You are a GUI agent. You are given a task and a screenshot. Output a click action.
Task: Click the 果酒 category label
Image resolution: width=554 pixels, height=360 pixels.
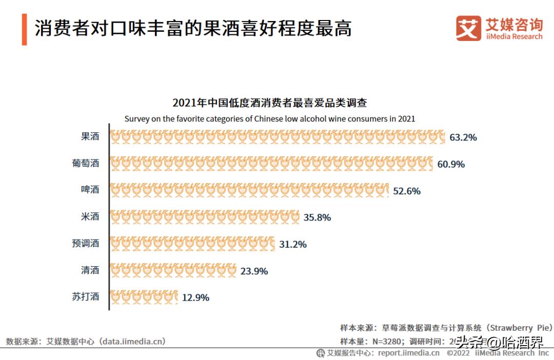click(90, 136)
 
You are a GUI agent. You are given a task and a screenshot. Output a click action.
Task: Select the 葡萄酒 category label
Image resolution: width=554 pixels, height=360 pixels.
click(85, 164)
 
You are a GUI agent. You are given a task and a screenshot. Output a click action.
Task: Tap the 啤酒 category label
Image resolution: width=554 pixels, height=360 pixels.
click(90, 190)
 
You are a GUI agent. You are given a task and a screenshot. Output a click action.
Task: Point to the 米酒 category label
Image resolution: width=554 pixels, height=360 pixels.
click(90, 216)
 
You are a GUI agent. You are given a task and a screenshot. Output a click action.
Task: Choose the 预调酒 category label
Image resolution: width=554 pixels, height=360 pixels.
click(85, 243)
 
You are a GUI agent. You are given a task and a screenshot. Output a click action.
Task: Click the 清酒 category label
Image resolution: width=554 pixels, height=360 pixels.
click(90, 270)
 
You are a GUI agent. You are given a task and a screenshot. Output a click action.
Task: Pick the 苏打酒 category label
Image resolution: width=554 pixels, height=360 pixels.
click(85, 296)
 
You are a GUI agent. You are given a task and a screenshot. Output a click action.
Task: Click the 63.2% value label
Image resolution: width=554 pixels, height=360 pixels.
click(463, 137)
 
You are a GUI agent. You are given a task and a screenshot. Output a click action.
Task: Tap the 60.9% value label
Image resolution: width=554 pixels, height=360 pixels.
click(451, 164)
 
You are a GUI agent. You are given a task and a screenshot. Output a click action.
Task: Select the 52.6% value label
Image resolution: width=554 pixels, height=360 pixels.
click(407, 191)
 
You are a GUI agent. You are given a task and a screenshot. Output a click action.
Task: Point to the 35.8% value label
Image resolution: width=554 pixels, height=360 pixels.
click(317, 217)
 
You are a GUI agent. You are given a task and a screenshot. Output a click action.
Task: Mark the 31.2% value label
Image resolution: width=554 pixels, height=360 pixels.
click(293, 244)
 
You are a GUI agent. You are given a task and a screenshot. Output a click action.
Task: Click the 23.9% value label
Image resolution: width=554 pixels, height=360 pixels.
click(254, 271)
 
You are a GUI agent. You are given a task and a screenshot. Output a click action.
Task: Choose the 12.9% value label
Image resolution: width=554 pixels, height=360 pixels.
click(195, 297)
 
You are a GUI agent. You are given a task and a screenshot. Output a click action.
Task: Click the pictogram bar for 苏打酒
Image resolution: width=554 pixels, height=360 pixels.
click(144, 297)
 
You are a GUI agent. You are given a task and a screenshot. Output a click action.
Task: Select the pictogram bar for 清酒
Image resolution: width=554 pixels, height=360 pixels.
click(173, 270)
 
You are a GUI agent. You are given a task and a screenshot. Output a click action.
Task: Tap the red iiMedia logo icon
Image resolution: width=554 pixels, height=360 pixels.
click(468, 28)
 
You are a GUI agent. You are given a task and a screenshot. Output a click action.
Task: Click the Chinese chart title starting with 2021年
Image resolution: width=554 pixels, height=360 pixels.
click(269, 103)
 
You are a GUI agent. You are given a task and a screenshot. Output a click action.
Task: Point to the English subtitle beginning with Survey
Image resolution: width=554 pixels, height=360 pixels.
click(269, 118)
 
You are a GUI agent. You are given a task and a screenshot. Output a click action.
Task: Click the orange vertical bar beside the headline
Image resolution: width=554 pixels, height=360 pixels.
click(24, 30)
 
